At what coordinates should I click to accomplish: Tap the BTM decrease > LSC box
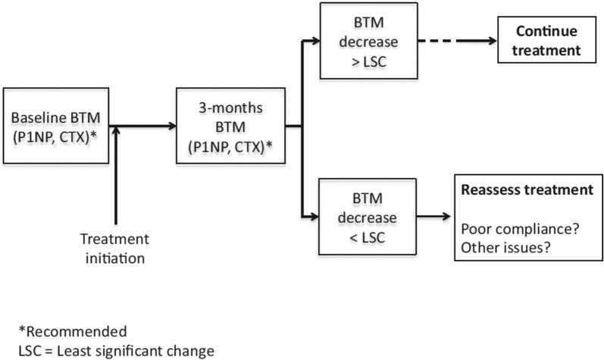[x=368, y=40]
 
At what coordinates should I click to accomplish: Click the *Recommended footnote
[x=73, y=331]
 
